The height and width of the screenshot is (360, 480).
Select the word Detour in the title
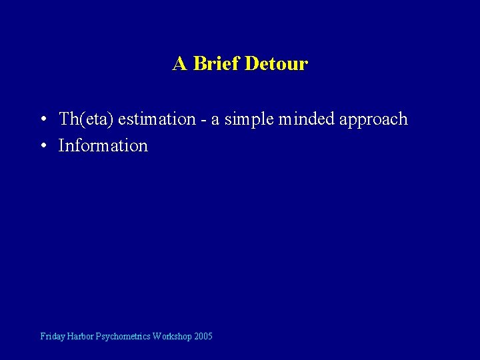pos(276,64)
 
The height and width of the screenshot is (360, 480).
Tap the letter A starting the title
pos(179,64)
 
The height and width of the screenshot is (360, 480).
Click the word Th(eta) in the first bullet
pos(86,119)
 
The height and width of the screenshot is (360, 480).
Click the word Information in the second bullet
pos(103,145)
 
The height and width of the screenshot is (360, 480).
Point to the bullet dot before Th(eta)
pos(42,120)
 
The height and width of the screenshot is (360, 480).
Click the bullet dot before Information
pos(42,146)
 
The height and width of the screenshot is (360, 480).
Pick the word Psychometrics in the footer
pos(123,337)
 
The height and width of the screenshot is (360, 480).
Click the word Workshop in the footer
pos(172,337)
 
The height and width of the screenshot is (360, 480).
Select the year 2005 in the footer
pos(203,337)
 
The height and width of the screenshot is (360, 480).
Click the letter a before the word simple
pos(215,121)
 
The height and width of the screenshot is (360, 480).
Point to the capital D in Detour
pos(251,64)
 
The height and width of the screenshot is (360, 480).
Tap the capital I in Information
pos(61,145)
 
